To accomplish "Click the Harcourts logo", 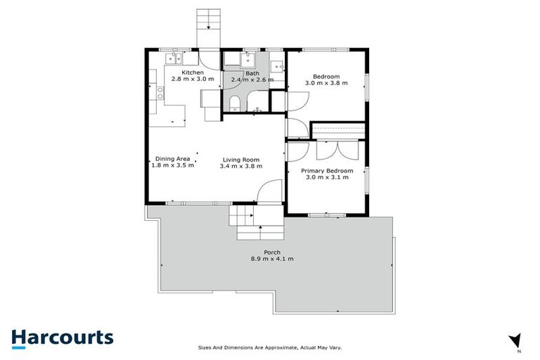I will (x=62, y=337).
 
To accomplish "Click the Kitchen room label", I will (x=193, y=72).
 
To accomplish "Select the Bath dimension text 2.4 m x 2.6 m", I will (x=252, y=80).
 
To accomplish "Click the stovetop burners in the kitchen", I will (x=160, y=91).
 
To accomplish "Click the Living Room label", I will (x=240, y=159).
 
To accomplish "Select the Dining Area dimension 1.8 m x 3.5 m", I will (x=173, y=166).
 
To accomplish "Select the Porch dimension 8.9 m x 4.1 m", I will (x=272, y=259).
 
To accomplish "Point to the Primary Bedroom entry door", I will (x=295, y=153).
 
